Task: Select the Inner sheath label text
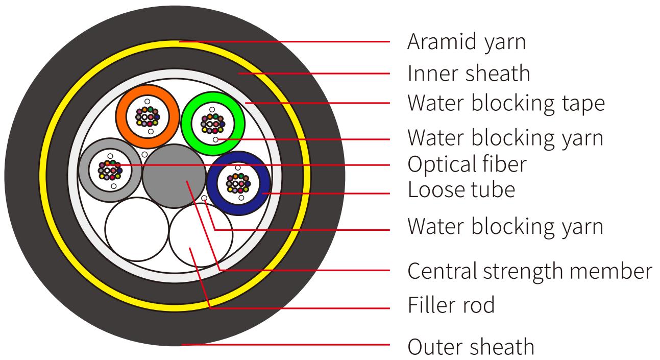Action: (469, 74)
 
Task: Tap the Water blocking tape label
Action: (505, 103)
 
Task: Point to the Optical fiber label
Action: (466, 164)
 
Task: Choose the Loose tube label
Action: (461, 190)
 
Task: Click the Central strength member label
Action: (529, 271)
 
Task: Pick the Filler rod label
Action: (451, 305)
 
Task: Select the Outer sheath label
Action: (471, 347)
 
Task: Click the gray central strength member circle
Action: (174, 175)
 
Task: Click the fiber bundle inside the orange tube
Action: (147, 117)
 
